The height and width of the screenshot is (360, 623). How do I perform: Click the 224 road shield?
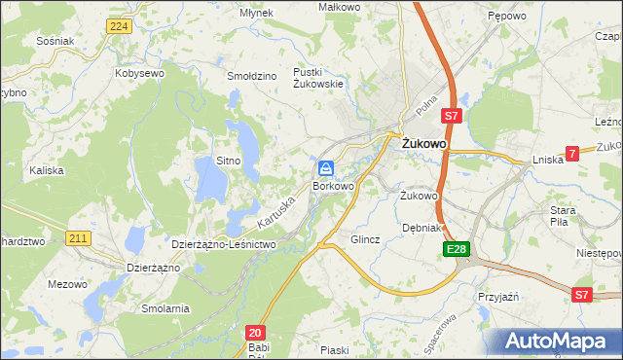point(119,26)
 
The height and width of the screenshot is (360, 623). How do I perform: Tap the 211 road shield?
point(78,237)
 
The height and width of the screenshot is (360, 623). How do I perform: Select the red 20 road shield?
point(254,332)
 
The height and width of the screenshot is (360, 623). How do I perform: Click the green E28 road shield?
point(458,250)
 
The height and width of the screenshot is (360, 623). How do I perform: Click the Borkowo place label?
point(333,185)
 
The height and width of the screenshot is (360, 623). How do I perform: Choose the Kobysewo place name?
point(138,73)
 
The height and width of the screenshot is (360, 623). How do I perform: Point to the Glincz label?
point(364,238)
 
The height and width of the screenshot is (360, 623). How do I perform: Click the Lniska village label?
point(548,160)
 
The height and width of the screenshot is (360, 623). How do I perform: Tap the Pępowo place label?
point(506,17)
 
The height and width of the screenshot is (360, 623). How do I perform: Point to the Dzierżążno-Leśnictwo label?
point(225,244)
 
